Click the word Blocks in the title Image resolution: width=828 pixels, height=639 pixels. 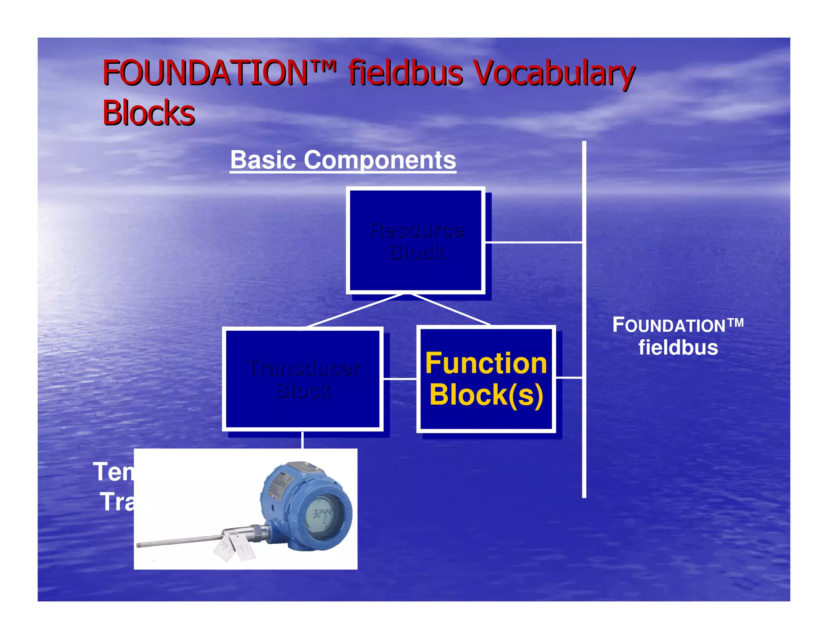[x=148, y=113]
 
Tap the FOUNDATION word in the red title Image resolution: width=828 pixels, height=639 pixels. [x=205, y=73]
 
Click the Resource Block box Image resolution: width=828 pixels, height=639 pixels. [x=416, y=241]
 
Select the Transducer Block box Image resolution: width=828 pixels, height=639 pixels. [x=302, y=379]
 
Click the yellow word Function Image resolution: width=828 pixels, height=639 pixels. [x=486, y=363]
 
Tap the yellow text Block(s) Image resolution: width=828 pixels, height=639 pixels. [x=486, y=395]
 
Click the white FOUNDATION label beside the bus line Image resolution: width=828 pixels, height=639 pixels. [x=677, y=325]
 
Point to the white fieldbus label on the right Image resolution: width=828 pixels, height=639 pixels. [x=678, y=347]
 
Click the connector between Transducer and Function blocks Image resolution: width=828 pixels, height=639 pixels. [x=399, y=379]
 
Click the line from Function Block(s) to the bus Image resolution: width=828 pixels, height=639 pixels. [x=569, y=378]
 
